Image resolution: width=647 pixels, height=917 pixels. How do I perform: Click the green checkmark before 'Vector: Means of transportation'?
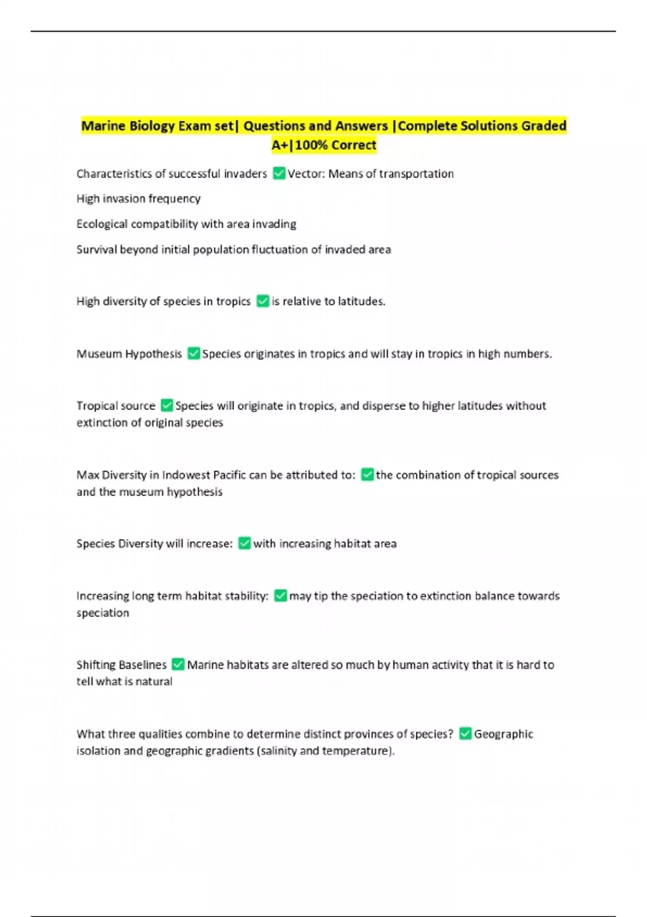coord(279,173)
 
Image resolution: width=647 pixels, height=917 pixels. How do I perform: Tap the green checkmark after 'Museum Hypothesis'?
coord(194,353)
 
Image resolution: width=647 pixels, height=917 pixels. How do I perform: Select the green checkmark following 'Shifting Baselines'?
coord(178,664)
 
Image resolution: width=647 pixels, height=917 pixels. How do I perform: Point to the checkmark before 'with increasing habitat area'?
coord(244,543)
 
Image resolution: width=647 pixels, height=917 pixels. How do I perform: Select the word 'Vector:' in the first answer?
coord(306,174)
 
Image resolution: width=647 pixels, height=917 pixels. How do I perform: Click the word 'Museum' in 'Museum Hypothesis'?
coord(99,354)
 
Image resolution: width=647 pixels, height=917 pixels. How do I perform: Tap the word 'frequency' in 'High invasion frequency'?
coord(175,199)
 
